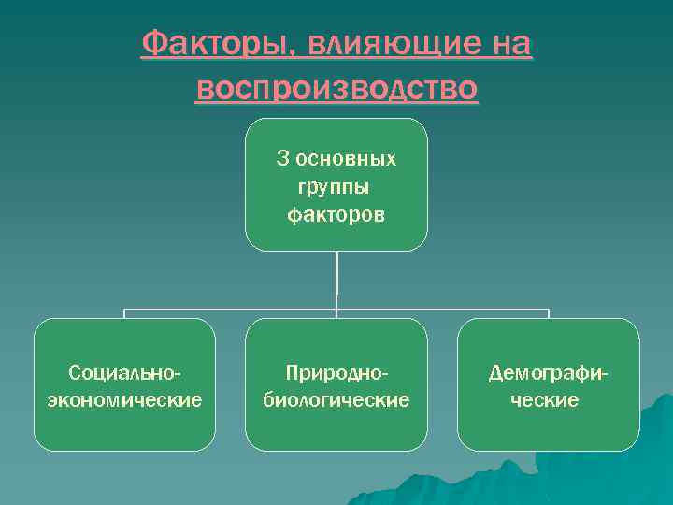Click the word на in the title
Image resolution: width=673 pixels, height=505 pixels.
(509, 44)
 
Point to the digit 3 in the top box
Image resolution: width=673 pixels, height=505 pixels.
(281, 159)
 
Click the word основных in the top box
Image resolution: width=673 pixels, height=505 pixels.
(346, 159)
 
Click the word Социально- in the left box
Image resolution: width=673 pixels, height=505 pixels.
(124, 372)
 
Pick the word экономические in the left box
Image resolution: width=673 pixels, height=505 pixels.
(124, 400)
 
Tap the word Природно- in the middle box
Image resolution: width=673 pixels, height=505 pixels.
(336, 372)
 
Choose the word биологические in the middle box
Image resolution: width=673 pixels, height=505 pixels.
(336, 400)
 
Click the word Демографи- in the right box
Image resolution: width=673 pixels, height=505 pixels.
(548, 372)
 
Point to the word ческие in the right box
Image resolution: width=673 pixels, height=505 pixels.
(548, 400)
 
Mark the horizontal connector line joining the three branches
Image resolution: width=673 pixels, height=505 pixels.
(234, 309)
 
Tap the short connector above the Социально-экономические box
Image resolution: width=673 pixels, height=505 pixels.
(124, 314)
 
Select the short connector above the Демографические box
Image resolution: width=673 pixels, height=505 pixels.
(548, 314)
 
